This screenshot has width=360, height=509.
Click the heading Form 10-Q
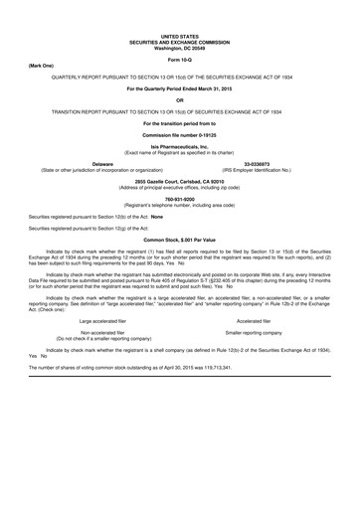click(179, 60)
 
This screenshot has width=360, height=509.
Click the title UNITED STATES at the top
click(179, 37)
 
